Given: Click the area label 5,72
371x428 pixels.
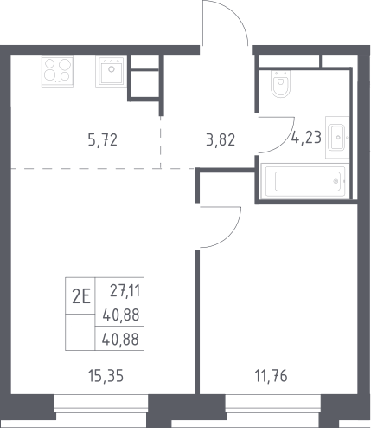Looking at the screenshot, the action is [103, 140].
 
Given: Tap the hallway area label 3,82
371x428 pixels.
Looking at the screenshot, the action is [221, 140].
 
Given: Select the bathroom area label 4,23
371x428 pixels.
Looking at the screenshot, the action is [306, 137].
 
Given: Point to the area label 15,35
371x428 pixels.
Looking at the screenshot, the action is [106, 376].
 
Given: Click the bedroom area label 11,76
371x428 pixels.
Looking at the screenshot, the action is [271, 376].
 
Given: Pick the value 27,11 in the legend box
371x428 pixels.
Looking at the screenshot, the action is [125, 290].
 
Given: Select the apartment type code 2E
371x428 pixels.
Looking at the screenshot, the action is [81, 296].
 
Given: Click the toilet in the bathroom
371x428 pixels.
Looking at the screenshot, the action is [280, 83].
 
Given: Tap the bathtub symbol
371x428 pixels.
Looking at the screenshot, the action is [305, 181].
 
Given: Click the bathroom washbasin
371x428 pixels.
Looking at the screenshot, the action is [337, 137].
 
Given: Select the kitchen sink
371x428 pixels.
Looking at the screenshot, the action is [111, 71].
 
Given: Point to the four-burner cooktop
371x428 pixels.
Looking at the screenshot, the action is [57, 71].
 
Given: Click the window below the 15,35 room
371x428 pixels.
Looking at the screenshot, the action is [101, 408].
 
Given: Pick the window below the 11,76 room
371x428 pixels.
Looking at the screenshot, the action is [272, 408].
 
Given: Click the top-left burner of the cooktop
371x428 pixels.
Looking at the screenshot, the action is [50, 63].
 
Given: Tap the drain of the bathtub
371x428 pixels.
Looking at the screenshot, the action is [336, 181].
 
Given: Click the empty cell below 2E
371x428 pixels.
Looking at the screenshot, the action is [80, 332].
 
